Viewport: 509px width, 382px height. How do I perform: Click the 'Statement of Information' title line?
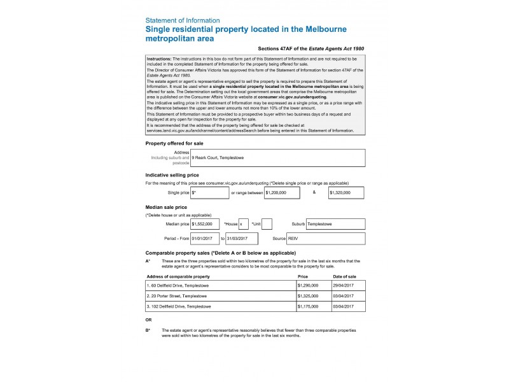point(183,20)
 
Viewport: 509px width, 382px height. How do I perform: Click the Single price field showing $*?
point(209,192)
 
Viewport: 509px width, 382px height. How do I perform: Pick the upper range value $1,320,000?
point(346,192)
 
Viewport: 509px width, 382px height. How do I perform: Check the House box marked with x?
point(244,224)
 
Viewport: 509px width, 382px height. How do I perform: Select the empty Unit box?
point(267,224)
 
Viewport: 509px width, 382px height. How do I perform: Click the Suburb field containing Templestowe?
point(335,224)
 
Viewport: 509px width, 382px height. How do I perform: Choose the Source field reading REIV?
point(326,238)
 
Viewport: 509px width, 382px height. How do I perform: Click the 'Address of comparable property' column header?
point(178,277)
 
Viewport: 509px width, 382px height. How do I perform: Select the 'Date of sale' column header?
point(344,277)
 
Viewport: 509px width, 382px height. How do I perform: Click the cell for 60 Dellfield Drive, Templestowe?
point(220,286)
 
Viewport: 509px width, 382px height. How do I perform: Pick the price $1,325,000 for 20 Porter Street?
point(313,296)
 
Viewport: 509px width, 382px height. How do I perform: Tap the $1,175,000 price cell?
point(313,306)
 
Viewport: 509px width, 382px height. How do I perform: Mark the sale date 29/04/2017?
point(347,286)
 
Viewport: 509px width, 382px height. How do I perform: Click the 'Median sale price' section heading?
point(166,207)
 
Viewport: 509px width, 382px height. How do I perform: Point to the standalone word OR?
point(148,320)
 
